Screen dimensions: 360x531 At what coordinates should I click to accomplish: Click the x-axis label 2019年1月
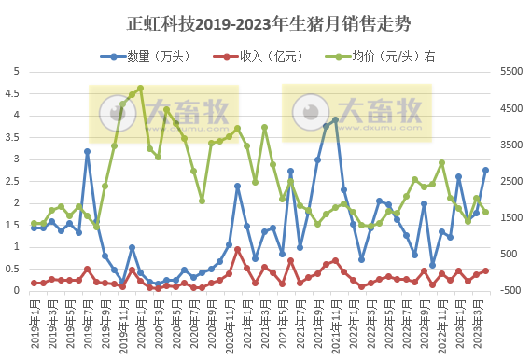34,322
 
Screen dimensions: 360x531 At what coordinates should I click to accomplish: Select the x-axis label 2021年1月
246,322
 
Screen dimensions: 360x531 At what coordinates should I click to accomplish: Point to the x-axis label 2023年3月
477,322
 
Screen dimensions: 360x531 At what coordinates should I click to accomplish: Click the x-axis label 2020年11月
229,324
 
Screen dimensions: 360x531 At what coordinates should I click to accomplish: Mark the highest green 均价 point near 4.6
140,89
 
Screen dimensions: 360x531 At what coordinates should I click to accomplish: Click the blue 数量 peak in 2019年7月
87,151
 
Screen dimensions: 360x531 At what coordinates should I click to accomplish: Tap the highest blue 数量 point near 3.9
335,120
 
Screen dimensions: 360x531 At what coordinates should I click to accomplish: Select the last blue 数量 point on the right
485,170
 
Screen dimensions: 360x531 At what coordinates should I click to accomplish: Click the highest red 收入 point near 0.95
237,249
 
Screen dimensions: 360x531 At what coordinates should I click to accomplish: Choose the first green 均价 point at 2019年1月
34,224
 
